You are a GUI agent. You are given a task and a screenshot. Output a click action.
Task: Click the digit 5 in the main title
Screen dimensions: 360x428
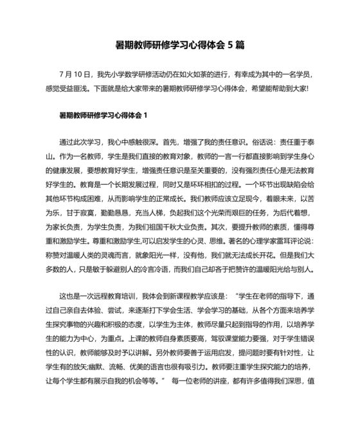coord(230,45)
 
